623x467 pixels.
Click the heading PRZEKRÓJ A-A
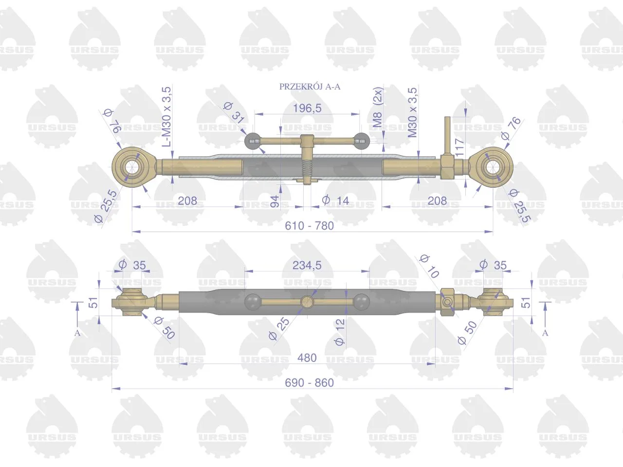pyautogui.click(x=310, y=87)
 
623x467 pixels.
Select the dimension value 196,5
pyautogui.click(x=307, y=108)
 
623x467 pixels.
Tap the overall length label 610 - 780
pyautogui.click(x=310, y=226)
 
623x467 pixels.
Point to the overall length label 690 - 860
pyautogui.click(x=310, y=383)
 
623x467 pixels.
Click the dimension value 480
pyautogui.click(x=307, y=358)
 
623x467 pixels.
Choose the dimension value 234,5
pyautogui.click(x=307, y=266)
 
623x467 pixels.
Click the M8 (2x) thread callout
pyautogui.click(x=378, y=107)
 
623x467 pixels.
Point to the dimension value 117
pyautogui.click(x=459, y=147)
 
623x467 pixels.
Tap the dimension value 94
pyautogui.click(x=275, y=201)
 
